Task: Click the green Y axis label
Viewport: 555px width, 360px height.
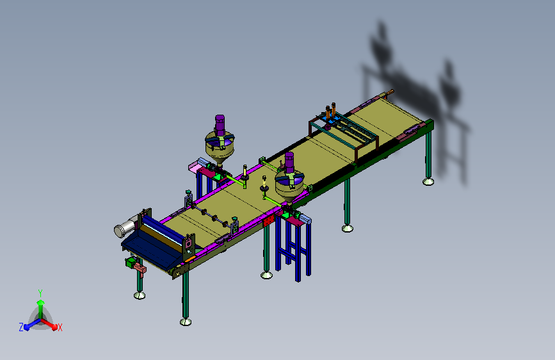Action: pyautogui.click(x=40, y=293)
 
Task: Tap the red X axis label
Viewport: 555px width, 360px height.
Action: pyautogui.click(x=60, y=327)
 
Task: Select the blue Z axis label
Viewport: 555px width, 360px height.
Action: pyautogui.click(x=21, y=327)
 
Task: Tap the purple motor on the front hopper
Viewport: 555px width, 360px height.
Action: pyautogui.click(x=289, y=162)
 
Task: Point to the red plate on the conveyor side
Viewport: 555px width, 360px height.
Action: pyautogui.click(x=268, y=221)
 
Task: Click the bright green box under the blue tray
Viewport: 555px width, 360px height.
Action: pyautogui.click(x=131, y=263)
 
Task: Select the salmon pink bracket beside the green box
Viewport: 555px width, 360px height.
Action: pyautogui.click(x=140, y=270)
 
